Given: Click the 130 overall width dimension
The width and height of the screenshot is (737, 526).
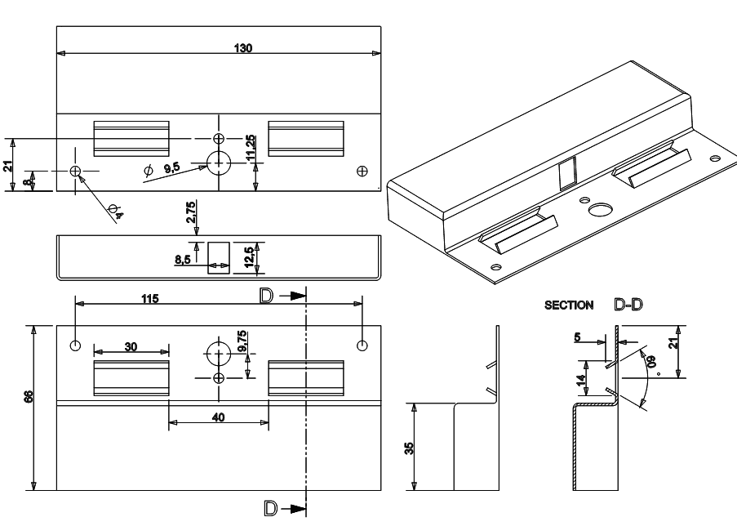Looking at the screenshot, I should click(242, 48).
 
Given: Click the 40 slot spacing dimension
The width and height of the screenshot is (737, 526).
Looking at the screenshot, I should click(217, 416).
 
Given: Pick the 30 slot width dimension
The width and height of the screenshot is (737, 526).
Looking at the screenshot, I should click(131, 346).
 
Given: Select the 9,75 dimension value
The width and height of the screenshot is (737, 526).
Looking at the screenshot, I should click(242, 341).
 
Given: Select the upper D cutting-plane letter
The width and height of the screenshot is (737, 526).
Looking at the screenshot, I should click(266, 296).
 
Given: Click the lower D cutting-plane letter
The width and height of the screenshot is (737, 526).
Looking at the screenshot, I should click(267, 508).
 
